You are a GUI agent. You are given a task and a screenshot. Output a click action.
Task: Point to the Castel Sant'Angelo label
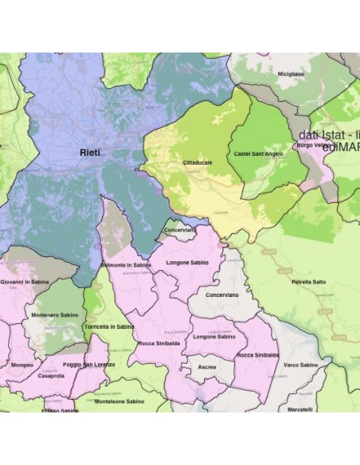pyautogui.click(x=258, y=153)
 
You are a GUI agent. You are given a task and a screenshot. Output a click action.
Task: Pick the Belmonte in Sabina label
pyautogui.click(x=127, y=264)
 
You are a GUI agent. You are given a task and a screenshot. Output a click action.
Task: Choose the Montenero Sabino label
pyautogui.click(x=55, y=315)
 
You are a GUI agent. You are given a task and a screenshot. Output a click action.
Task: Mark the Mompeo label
pyautogui.click(x=22, y=365)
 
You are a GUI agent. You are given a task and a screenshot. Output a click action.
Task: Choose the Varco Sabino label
pyautogui.click(x=302, y=365)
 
